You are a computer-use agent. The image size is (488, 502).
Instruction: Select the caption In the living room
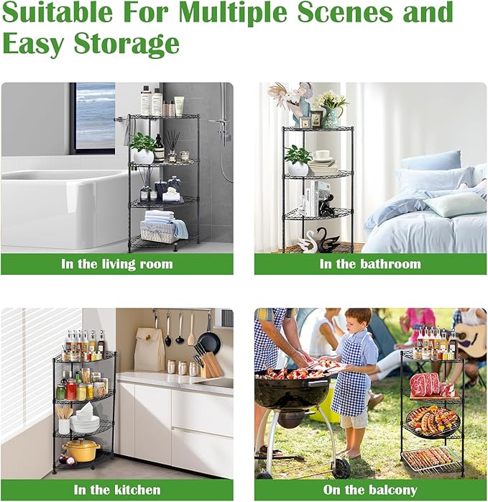tap(117, 264)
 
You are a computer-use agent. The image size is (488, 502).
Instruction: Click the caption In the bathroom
tap(370, 264)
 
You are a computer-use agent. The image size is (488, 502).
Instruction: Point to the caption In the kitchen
tap(117, 490)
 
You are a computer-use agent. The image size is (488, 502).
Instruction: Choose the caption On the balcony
tap(370, 490)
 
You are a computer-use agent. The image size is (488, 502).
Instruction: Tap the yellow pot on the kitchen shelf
tap(80, 450)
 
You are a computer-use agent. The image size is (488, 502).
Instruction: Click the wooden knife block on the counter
tap(211, 365)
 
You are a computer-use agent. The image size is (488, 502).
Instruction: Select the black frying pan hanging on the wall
tap(209, 342)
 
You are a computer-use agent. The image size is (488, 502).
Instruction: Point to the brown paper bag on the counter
tap(149, 350)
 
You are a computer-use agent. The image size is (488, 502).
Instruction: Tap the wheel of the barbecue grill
tap(341, 468)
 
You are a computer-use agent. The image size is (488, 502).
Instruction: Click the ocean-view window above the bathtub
tap(95, 115)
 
